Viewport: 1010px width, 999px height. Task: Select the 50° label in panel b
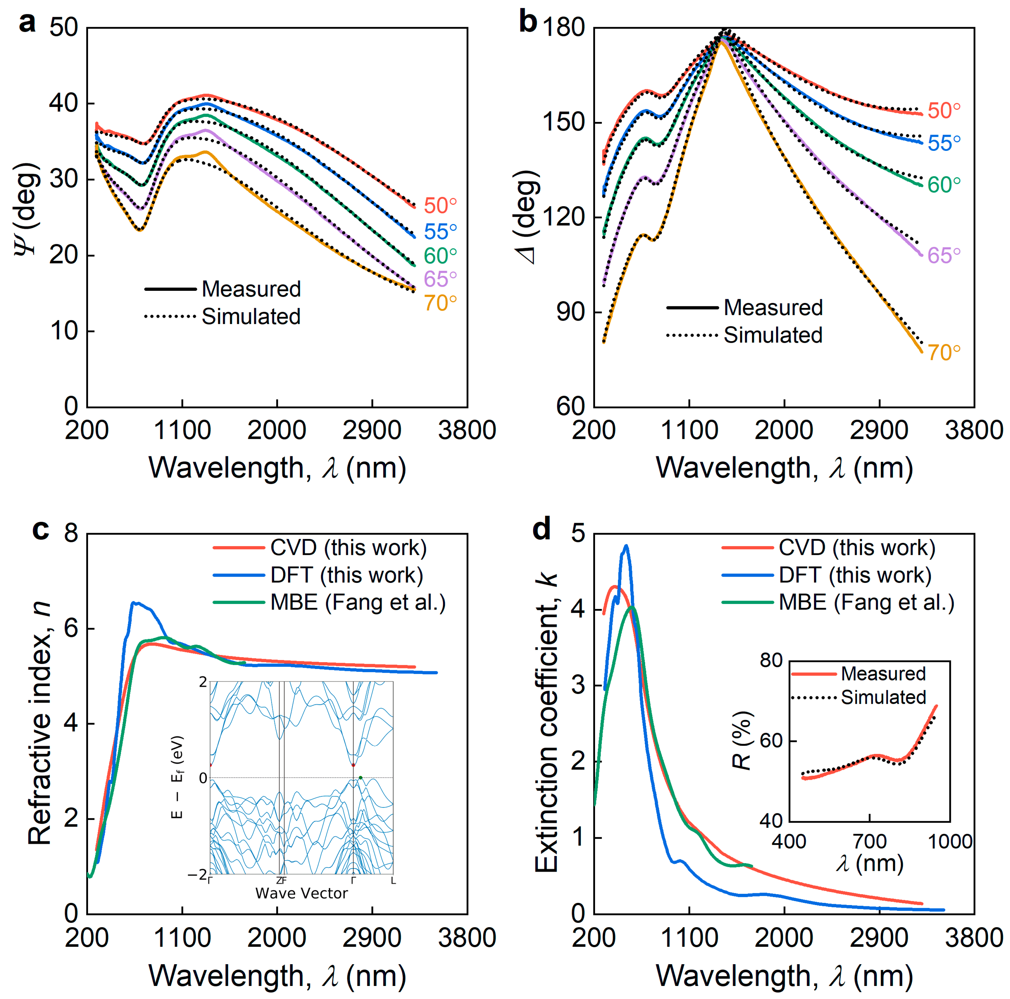point(944,111)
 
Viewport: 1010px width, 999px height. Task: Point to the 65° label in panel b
point(944,256)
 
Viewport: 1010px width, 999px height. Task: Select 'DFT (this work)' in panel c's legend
point(347,575)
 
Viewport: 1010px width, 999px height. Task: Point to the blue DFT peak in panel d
point(626,546)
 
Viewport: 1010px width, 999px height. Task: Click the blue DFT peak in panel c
point(134,603)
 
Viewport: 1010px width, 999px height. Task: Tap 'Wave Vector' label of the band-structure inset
point(301,893)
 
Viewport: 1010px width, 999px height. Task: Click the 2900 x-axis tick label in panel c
point(372,937)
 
